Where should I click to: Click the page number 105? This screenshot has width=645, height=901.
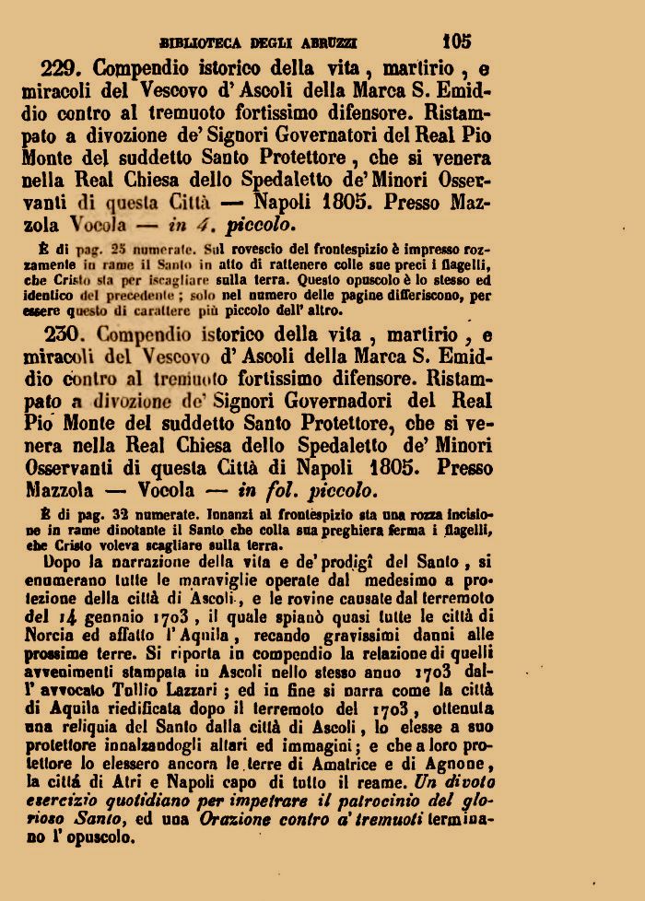[x=456, y=41]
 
